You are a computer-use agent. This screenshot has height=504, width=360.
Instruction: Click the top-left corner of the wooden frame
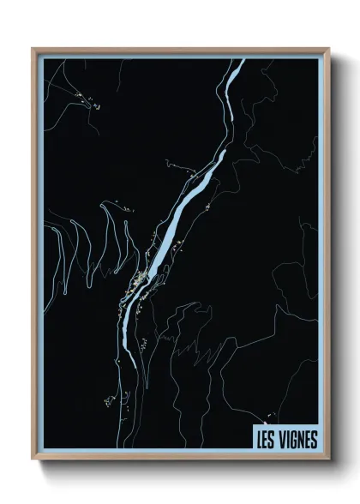point(33,49)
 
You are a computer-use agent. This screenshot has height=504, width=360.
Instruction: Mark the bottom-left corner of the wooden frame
point(33,459)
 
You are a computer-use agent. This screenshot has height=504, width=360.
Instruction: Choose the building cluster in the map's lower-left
point(110,400)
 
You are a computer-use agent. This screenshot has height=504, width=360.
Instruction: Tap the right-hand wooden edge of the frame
point(326,257)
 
